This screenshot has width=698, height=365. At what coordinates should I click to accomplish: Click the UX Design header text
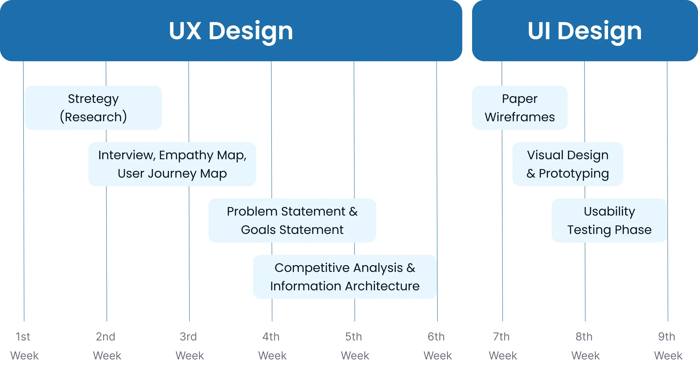pyautogui.click(x=231, y=31)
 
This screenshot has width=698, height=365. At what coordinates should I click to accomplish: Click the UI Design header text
pyautogui.click(x=584, y=31)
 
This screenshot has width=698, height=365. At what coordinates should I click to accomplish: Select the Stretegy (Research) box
pyautogui.click(x=93, y=108)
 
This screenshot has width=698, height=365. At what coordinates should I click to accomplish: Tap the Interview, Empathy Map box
pyautogui.click(x=172, y=164)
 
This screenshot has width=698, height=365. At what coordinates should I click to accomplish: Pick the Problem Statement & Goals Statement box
pyautogui.click(x=292, y=220)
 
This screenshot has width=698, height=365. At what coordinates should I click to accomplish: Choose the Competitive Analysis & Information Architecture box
pyautogui.click(x=345, y=277)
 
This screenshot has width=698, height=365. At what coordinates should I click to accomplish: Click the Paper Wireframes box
pyautogui.click(x=520, y=108)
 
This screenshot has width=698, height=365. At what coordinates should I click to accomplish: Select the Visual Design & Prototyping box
pyautogui.click(x=568, y=164)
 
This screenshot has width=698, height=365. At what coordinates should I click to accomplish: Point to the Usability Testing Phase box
pyautogui.click(x=609, y=220)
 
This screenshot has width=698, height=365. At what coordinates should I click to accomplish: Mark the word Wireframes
pyautogui.click(x=520, y=117)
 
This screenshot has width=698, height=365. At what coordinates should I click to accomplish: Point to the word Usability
pyautogui.click(x=609, y=211)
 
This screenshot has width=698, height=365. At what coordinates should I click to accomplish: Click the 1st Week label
pyautogui.click(x=24, y=346)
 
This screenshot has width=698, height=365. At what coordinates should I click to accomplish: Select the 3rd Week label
pyautogui.click(x=190, y=346)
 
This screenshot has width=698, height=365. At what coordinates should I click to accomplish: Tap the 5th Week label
pyautogui.click(x=355, y=346)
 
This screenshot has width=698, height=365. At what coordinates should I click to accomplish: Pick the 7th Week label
pyautogui.click(x=503, y=346)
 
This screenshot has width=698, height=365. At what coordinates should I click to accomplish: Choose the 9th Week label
pyautogui.click(x=668, y=346)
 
